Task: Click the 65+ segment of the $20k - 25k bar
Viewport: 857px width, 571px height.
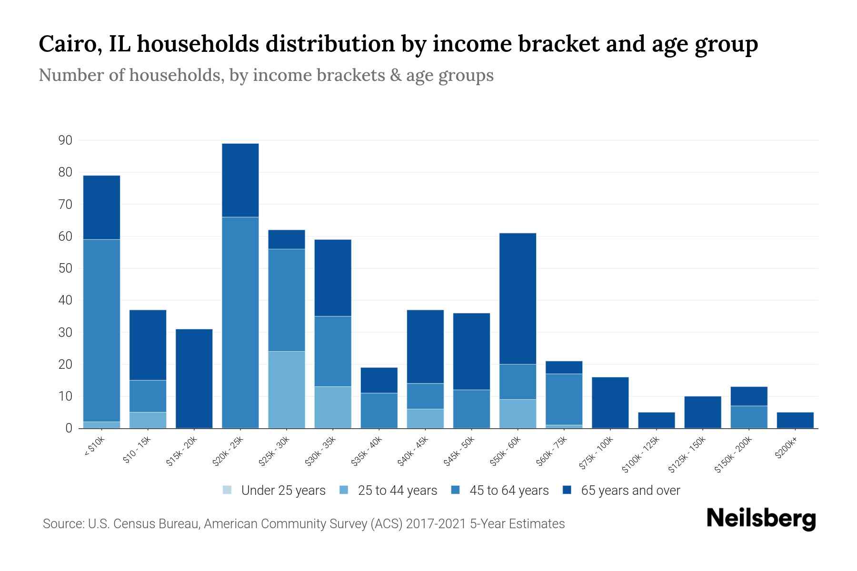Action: click(x=240, y=180)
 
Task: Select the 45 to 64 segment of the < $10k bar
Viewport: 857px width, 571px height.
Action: click(x=101, y=330)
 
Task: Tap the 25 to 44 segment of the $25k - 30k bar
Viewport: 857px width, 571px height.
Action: click(x=287, y=390)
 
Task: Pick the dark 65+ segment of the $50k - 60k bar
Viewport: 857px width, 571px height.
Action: click(x=518, y=298)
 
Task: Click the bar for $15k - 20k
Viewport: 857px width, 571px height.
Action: click(x=194, y=378)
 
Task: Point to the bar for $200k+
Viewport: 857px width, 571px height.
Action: click(x=795, y=420)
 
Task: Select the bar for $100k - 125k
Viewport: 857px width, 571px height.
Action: click(x=657, y=420)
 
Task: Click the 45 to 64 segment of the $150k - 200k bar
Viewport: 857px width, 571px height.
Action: click(x=749, y=417)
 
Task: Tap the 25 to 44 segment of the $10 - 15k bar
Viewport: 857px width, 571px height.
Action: click(x=148, y=420)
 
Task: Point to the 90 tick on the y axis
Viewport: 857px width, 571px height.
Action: click(x=65, y=140)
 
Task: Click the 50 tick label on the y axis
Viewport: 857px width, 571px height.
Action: click(x=65, y=268)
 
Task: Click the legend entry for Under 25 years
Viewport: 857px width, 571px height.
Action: click(x=274, y=491)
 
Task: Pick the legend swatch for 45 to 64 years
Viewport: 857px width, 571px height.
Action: click(x=456, y=490)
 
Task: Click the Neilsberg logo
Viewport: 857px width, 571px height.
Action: click(x=761, y=519)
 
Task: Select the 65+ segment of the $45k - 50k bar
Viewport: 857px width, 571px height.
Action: click(x=471, y=351)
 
